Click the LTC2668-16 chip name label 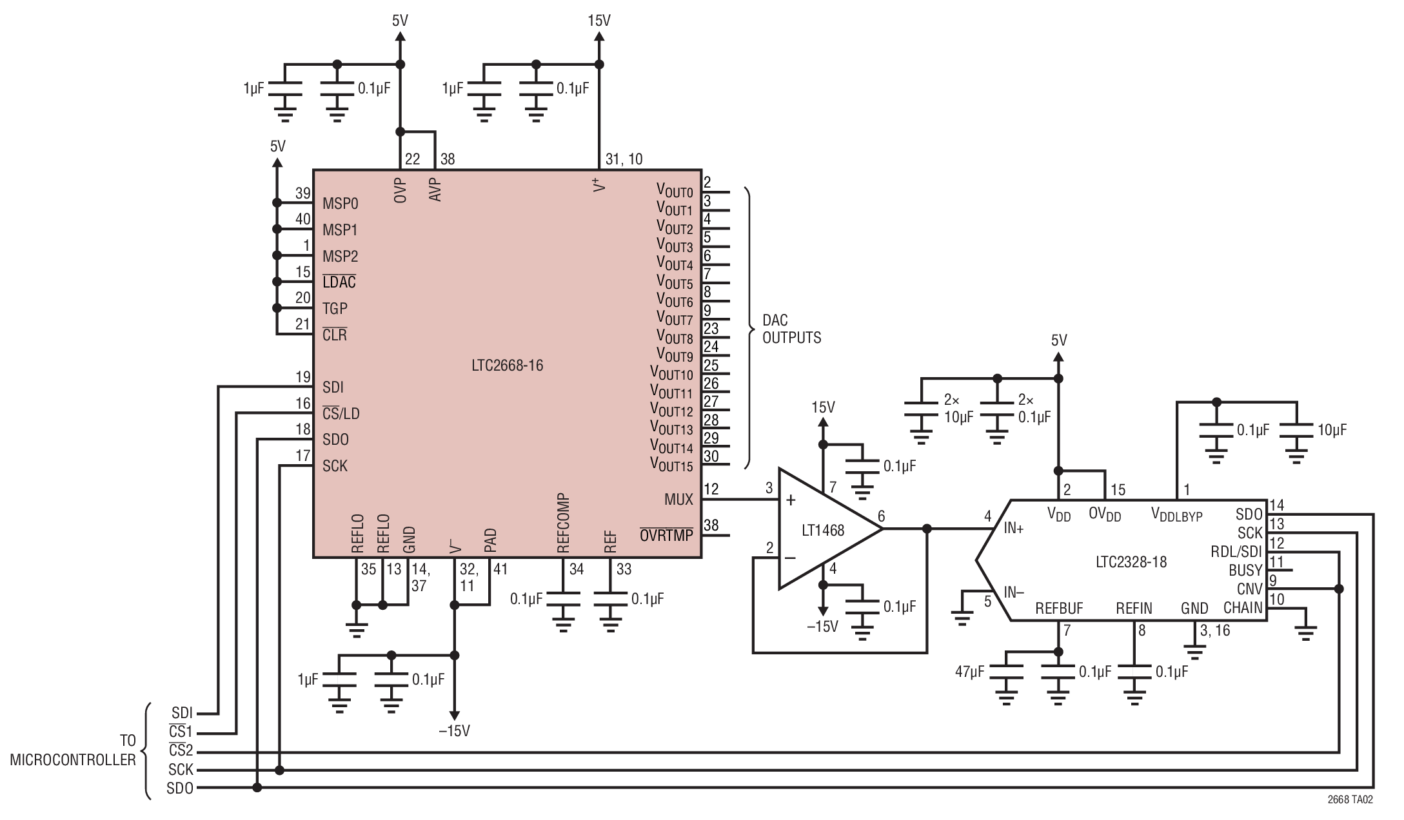point(507,366)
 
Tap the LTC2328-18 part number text point(1131,561)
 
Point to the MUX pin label point(678,500)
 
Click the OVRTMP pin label point(666,535)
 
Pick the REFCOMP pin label point(562,523)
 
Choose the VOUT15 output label point(671,464)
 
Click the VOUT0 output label point(674,190)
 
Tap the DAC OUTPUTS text point(791,329)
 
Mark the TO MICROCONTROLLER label point(73,750)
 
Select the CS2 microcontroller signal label point(181,751)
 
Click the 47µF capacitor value point(969,672)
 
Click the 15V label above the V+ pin point(598,21)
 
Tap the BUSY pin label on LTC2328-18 point(1245,571)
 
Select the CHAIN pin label point(1242,608)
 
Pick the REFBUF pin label point(1059,609)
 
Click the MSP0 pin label point(340,204)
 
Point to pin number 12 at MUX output point(711,489)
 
